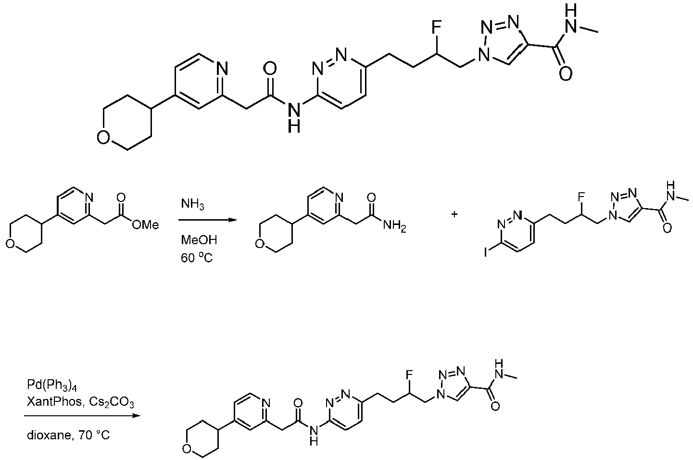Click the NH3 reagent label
click(x=192, y=204)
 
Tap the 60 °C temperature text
click(x=197, y=258)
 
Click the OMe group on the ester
click(x=145, y=225)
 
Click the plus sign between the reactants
click(x=454, y=214)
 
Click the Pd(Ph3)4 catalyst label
click(x=52, y=385)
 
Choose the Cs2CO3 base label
click(x=112, y=402)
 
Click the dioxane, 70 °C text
click(x=68, y=435)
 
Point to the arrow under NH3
click(x=207, y=220)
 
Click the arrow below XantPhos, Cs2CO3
click(x=82, y=416)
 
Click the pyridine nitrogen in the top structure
click(x=222, y=68)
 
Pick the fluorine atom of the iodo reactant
click(x=581, y=197)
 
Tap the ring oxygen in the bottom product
click(x=187, y=448)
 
